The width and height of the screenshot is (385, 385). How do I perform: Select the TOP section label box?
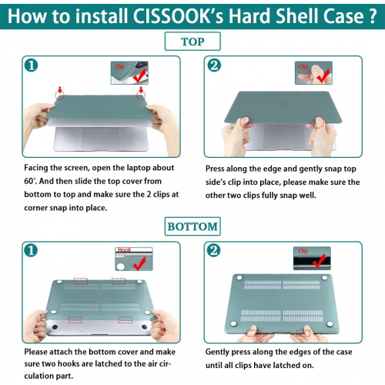(192, 42)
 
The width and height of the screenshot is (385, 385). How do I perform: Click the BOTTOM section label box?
(192, 226)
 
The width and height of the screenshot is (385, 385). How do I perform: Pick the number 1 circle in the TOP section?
(31, 65)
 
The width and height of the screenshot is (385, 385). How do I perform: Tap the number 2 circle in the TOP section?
(216, 65)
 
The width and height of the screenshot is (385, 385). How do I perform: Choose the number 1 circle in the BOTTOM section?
(31, 251)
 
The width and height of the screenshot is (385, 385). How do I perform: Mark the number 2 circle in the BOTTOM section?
(216, 251)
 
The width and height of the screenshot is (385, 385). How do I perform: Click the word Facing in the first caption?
(39, 168)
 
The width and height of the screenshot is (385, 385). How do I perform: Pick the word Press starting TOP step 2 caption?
(219, 168)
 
